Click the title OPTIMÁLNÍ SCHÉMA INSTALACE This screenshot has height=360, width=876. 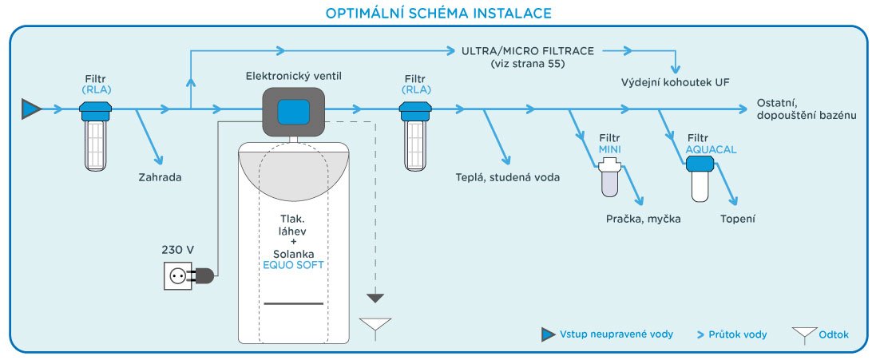coord(438,14)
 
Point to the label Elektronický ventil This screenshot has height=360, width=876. coord(295,76)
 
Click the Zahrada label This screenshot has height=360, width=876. coord(160,177)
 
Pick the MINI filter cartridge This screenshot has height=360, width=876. coord(609,178)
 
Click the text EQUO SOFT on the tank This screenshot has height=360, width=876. coord(293,264)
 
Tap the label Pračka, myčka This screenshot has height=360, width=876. coord(643,218)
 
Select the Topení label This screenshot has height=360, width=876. coord(737,218)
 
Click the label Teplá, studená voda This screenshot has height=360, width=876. coord(508,177)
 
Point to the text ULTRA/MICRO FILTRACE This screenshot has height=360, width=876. coord(528,51)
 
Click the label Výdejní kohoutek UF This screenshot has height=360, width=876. coord(676,82)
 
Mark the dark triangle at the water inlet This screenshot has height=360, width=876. coord(31,109)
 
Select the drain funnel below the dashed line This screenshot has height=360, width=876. coord(375,326)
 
